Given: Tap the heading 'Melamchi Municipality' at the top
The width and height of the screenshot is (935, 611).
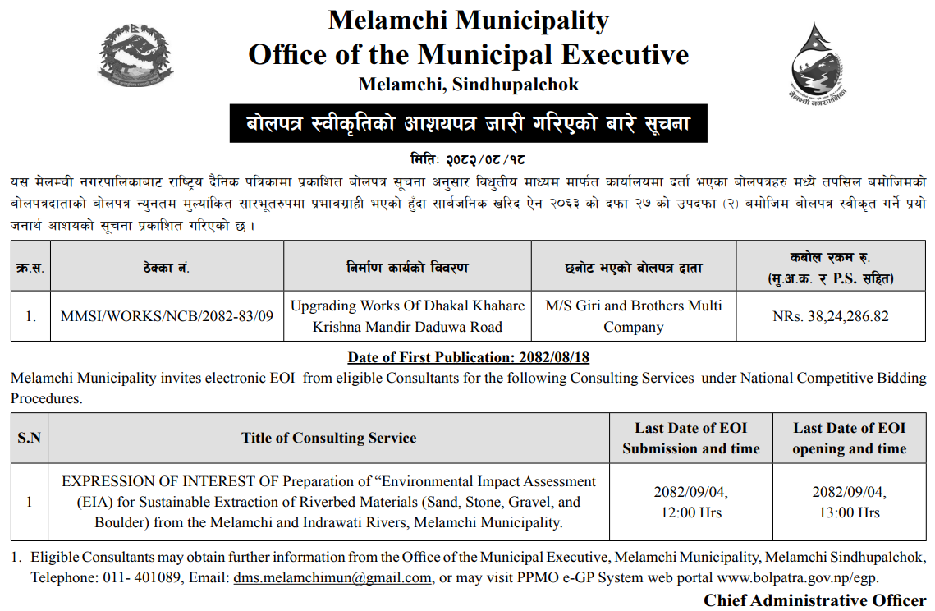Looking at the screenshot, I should (468, 20).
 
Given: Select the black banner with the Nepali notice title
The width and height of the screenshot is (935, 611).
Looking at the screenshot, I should (468, 124).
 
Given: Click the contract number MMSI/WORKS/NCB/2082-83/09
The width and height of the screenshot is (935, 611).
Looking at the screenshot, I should (167, 316).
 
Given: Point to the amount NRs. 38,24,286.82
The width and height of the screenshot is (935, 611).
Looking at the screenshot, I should (831, 316).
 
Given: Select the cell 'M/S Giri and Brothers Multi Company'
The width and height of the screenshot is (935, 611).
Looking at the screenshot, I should (633, 316).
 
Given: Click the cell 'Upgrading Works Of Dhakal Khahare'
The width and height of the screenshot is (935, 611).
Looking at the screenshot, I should (407, 305).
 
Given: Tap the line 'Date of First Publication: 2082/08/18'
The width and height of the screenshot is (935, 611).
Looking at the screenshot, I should (468, 358).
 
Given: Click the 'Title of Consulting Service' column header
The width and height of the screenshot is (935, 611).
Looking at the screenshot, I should (328, 438).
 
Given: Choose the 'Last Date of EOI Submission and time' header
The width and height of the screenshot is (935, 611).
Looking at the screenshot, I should (690, 438).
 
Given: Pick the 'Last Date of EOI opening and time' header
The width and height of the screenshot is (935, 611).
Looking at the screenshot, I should (849, 438).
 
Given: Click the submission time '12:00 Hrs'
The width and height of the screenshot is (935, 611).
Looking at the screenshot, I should (690, 512).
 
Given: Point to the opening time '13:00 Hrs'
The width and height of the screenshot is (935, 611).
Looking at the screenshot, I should (849, 512).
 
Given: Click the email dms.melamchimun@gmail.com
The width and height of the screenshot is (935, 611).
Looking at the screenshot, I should (332, 577).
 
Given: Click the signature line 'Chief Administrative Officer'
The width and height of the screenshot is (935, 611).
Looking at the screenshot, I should (814, 600).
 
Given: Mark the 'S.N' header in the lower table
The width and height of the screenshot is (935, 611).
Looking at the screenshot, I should (30, 438).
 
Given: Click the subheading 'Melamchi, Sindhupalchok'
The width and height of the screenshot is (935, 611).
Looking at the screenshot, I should (468, 85).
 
